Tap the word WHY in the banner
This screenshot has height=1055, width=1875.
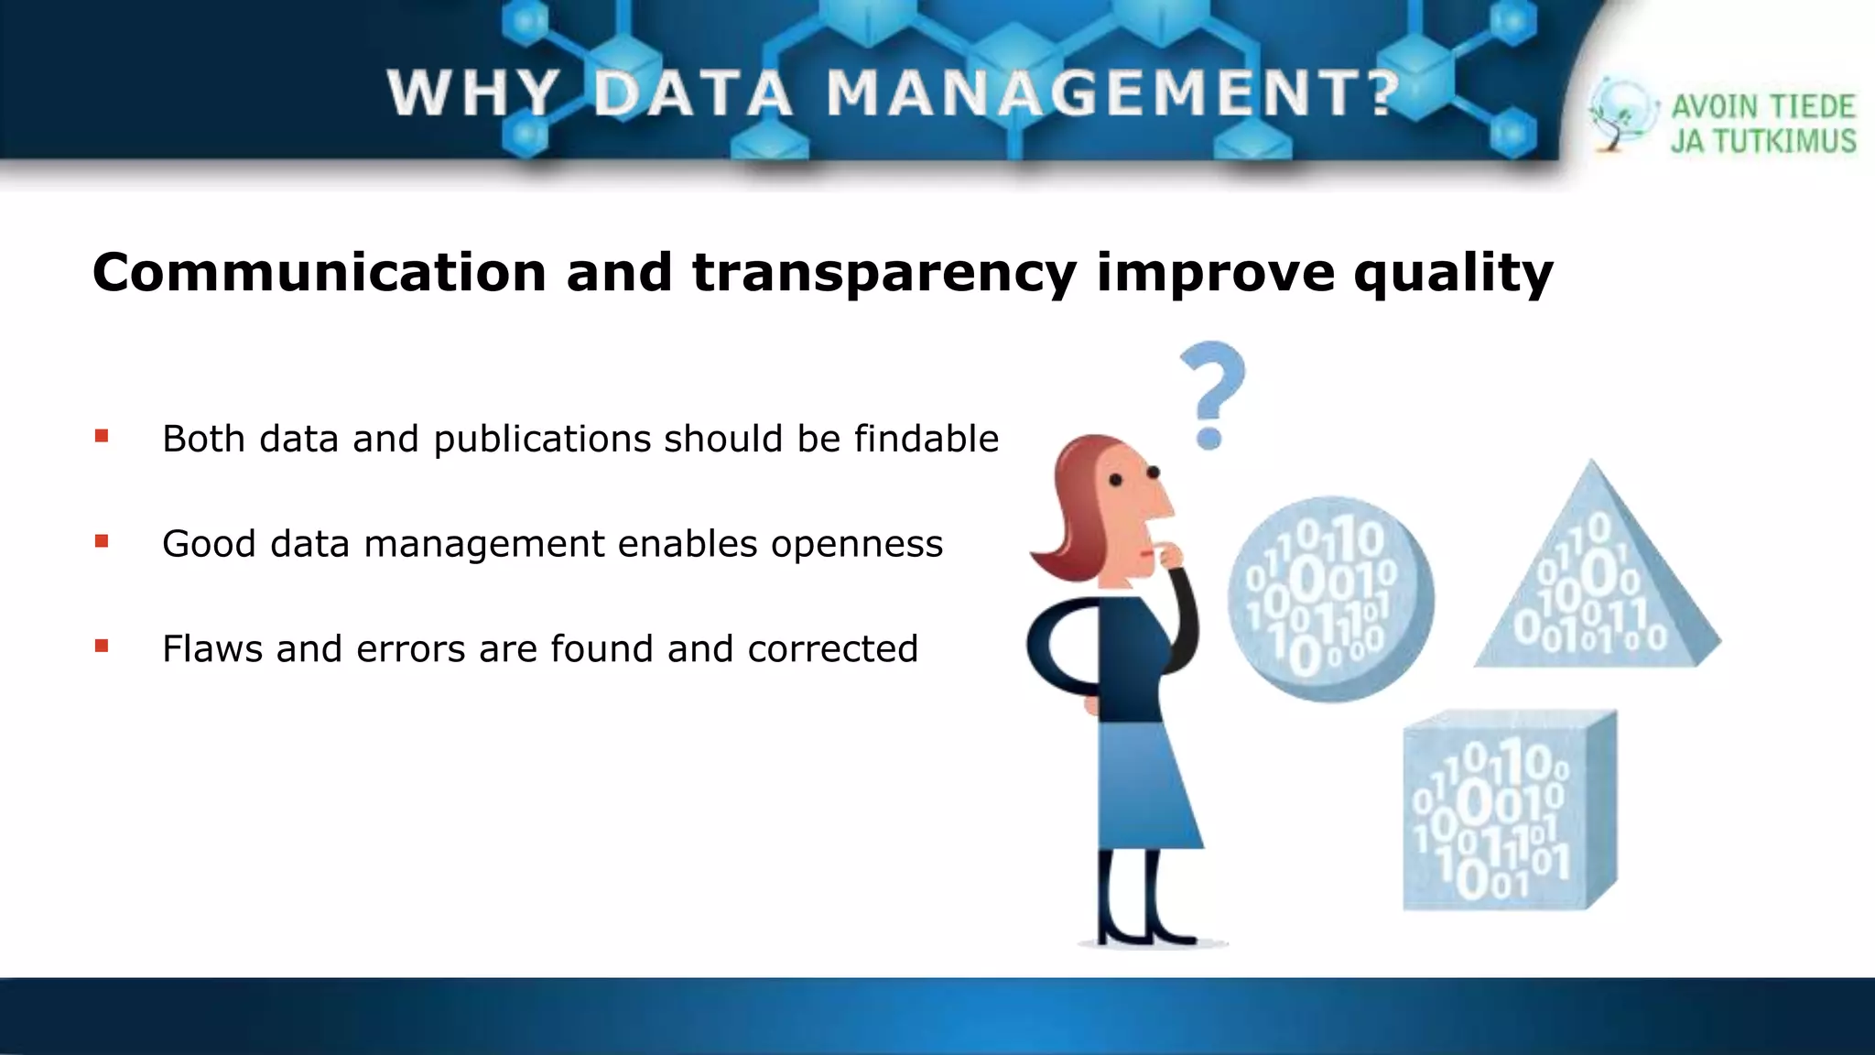coord(472,93)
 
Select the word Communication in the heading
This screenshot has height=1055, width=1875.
coord(320,272)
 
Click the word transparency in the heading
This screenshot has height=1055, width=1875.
coord(884,274)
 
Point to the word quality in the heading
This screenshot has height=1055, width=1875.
coord(1453,274)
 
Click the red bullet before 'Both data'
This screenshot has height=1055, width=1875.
coord(102,437)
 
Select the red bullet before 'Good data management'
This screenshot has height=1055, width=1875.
coord(102,542)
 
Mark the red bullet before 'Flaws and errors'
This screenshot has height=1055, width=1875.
coord(102,647)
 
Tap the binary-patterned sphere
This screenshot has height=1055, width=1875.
coord(1329,599)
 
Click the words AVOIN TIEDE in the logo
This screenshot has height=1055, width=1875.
coord(1762,107)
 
